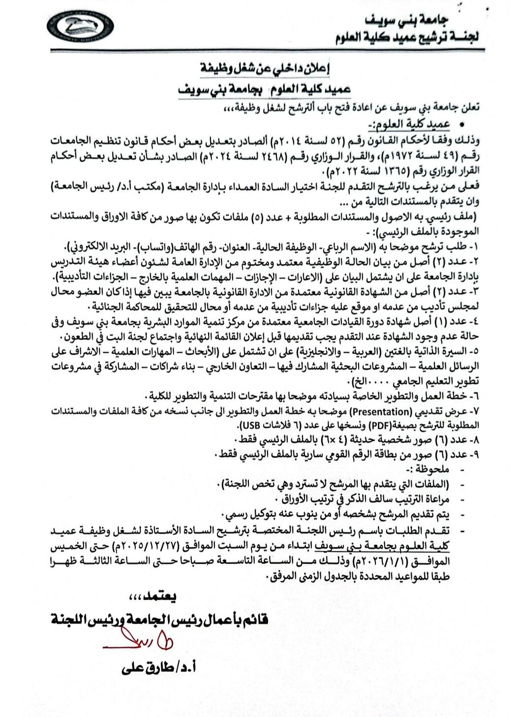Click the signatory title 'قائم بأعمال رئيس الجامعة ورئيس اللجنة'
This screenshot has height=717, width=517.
click(159, 618)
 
